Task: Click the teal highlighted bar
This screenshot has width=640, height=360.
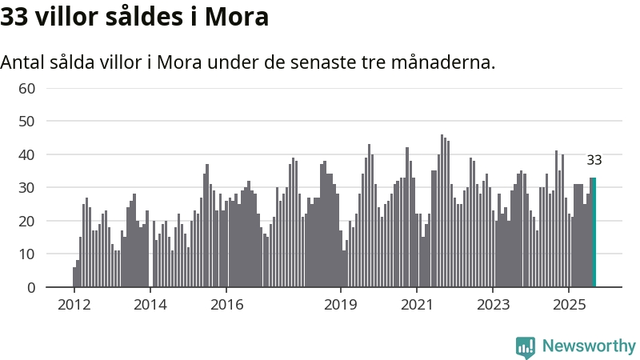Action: tap(594, 232)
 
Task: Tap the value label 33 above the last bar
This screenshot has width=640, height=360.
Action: tap(594, 160)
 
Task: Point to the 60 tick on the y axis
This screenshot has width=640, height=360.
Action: tap(26, 88)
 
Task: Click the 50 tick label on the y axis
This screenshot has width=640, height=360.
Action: tap(26, 121)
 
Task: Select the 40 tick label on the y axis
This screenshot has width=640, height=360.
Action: tap(26, 154)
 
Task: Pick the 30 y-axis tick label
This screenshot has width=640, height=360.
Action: tap(26, 187)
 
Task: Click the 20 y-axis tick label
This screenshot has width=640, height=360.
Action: tap(26, 221)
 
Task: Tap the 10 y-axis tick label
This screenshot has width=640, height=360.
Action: tap(26, 254)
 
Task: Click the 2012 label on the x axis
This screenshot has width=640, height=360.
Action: tap(74, 305)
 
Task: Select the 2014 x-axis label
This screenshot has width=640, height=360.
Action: tap(150, 305)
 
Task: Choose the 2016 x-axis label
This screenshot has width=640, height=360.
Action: tap(226, 305)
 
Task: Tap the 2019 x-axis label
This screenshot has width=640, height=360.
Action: tap(341, 305)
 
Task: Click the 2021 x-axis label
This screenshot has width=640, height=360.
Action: tap(417, 305)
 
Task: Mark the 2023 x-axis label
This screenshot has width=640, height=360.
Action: tap(493, 305)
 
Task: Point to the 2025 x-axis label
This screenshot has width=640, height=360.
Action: tap(569, 305)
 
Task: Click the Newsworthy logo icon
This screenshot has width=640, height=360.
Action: tap(526, 346)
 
